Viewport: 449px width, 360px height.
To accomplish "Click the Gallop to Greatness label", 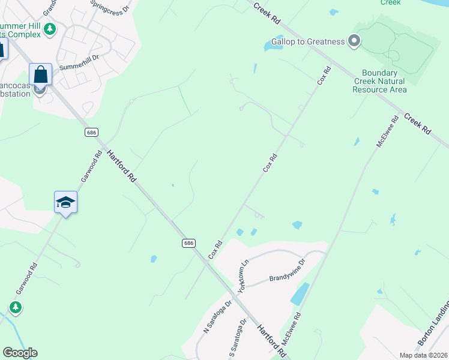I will click(308, 41).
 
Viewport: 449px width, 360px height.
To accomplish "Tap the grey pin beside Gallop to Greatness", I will click(354, 41).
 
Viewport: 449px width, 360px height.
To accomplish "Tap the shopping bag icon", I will click(40, 75).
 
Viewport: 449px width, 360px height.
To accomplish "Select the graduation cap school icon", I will click(65, 202).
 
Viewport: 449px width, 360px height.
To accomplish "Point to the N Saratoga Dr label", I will click(217, 319).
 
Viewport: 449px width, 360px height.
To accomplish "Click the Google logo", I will click(20, 353).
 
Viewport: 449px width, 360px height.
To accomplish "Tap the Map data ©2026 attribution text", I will click(423, 355).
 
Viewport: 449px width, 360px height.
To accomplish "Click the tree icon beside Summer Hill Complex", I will click(51, 28).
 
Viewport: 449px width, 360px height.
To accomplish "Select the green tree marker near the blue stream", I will click(15, 308).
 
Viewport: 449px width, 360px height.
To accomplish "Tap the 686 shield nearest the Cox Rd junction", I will click(188, 242).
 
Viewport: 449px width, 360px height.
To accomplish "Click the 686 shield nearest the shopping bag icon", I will click(91, 131).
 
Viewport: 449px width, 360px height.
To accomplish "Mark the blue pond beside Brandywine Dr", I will click(300, 293).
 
